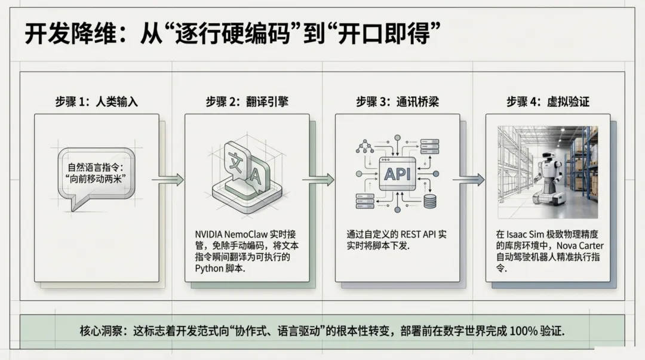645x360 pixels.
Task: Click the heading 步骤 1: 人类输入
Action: coord(97,101)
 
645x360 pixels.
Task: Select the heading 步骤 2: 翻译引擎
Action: coord(247,101)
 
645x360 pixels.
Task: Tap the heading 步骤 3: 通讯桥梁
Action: coord(398,101)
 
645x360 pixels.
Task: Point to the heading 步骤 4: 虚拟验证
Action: coord(548,101)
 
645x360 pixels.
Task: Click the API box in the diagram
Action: coord(397,174)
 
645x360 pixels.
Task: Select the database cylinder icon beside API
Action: coord(430,201)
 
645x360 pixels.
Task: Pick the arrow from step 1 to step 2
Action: coord(168,179)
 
